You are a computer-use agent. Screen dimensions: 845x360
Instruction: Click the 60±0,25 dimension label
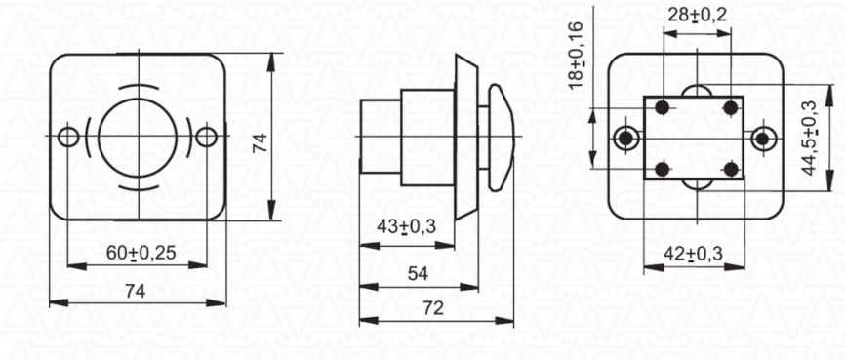141,253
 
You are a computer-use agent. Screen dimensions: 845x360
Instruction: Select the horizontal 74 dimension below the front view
136,291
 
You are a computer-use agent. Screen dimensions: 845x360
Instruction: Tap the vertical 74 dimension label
261,143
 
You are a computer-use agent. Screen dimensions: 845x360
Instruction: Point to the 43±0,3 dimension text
406,227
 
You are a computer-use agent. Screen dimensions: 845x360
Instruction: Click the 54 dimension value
418,274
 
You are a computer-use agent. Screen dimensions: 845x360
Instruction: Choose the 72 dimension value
432,308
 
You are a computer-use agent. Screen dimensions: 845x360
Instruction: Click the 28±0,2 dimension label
697,15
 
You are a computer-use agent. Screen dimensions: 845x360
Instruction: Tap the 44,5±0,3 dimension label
808,139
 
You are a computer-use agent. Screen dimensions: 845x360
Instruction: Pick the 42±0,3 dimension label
693,253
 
